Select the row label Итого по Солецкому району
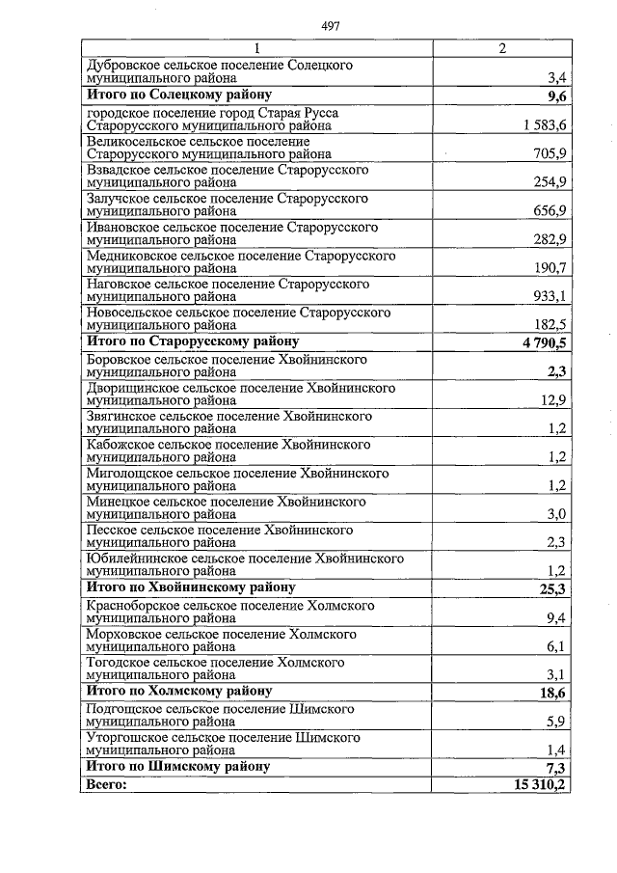coord(178,95)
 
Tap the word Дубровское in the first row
coord(123,65)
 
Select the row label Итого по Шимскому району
coord(177,767)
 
